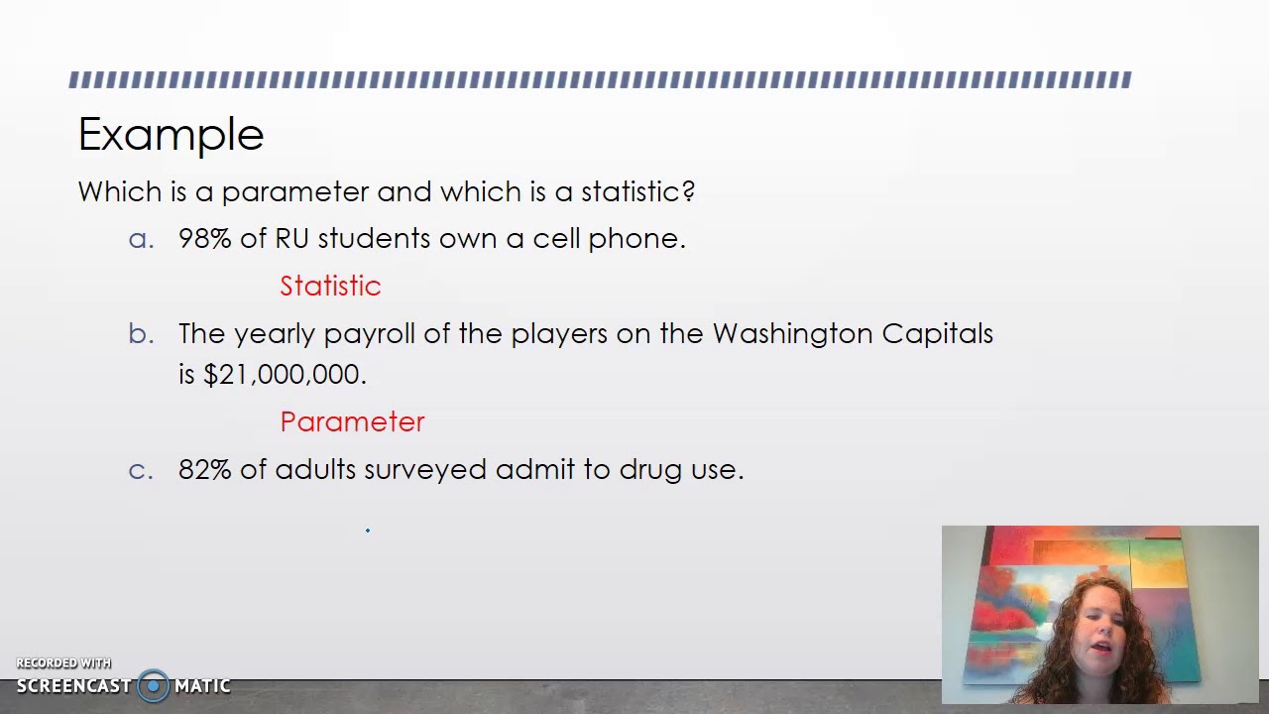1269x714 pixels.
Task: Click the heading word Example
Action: (171, 135)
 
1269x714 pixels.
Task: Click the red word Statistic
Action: (330, 286)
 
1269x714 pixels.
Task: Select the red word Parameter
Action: (352, 421)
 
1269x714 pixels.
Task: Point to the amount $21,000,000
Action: (285, 375)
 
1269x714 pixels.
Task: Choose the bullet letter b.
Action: (141, 334)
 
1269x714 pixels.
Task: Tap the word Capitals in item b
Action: (937, 334)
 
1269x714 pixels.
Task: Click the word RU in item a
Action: (291, 239)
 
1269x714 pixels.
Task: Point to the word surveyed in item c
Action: (424, 470)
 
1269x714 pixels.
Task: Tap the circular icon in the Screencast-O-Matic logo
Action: (153, 685)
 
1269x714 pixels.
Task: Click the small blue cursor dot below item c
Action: (368, 531)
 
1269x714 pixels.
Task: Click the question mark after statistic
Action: (688, 191)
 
